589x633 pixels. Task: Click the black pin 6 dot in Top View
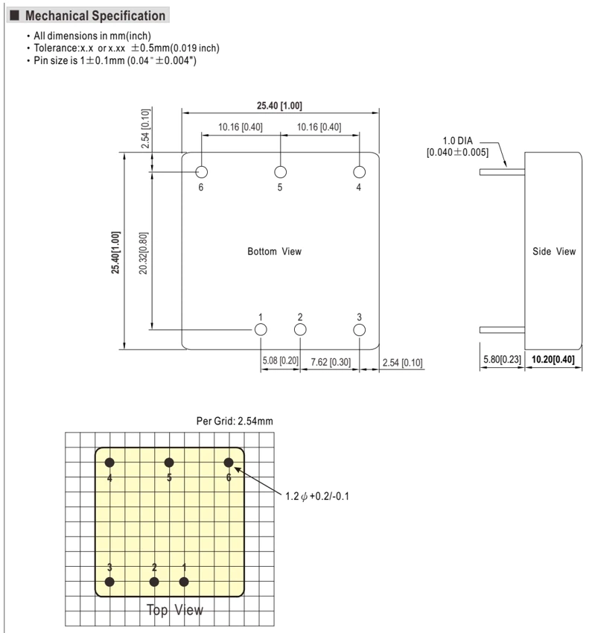[229, 462]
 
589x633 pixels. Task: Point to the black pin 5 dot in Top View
[169, 462]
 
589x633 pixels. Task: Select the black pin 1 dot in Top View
[184, 582]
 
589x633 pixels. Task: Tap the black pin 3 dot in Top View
[109, 582]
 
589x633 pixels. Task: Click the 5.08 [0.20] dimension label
[280, 360]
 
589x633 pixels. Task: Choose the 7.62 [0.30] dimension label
[331, 362]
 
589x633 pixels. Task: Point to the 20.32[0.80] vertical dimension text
[143, 253]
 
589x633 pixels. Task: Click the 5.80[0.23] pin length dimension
[502, 359]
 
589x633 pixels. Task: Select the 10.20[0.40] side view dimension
[553, 359]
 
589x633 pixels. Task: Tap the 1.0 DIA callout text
[457, 141]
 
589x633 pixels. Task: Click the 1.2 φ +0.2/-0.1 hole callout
[317, 496]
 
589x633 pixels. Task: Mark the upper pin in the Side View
[502, 172]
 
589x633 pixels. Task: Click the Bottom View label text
[275, 252]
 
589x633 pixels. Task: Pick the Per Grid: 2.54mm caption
[235, 421]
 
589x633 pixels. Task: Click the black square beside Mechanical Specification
[15, 16]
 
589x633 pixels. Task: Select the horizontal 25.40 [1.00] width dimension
[279, 106]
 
